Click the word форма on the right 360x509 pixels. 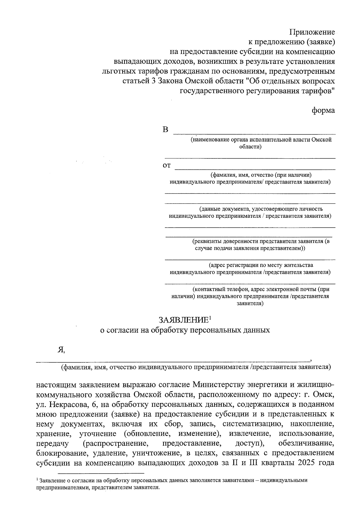[x=323, y=111]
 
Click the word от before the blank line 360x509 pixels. [x=166, y=166]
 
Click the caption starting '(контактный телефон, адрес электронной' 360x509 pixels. [x=261, y=289]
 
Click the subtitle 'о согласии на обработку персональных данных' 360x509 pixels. [x=185, y=330]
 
